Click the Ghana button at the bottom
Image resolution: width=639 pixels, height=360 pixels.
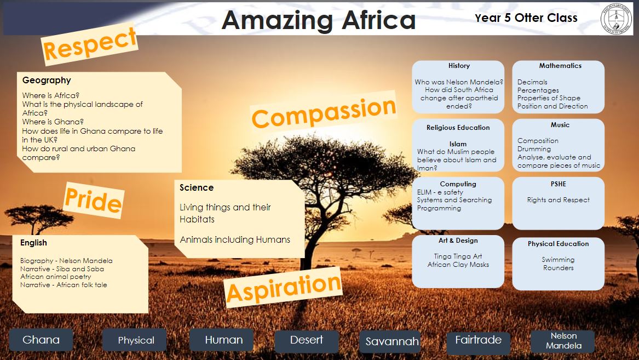[41, 340]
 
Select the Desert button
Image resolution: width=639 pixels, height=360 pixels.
[307, 340]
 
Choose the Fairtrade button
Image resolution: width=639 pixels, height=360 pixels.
[479, 340]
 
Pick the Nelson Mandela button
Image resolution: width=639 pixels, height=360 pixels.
[563, 340]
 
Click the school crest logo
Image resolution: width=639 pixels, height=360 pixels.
[617, 18]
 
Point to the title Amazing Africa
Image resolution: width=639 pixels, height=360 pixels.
[319, 20]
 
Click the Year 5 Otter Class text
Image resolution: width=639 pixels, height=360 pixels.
[526, 18]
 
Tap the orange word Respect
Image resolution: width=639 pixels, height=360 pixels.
[90, 44]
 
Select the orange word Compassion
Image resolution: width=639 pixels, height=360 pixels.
[324, 112]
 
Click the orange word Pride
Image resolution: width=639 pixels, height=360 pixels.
[93, 200]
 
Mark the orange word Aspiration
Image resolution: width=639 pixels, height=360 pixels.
[284, 288]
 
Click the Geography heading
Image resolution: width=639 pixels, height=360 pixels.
[47, 81]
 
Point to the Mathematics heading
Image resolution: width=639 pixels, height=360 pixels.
[560, 66]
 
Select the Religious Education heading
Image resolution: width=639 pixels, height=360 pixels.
[458, 128]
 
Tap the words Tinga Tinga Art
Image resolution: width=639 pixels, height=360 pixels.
[458, 256]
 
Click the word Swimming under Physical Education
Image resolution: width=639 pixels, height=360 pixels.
[558, 260]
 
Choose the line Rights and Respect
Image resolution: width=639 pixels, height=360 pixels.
[559, 200]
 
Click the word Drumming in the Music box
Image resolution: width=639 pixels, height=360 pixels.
[534, 149]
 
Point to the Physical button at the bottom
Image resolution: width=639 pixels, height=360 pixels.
[136, 340]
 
